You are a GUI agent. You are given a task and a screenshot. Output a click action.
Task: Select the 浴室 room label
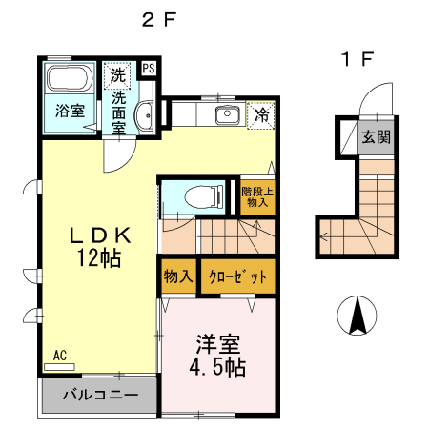click(x=69, y=110)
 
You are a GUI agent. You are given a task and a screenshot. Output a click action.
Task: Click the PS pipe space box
click(x=150, y=69)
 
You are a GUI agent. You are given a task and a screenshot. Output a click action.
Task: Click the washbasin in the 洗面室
click(x=144, y=116)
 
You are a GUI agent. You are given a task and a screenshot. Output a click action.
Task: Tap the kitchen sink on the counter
click(x=227, y=115)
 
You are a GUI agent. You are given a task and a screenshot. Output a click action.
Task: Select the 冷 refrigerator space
click(x=260, y=116)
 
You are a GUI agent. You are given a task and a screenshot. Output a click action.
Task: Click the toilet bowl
click(x=203, y=197)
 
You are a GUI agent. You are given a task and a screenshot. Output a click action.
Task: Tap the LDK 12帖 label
click(x=96, y=246)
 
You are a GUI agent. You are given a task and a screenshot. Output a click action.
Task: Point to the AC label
click(x=60, y=356)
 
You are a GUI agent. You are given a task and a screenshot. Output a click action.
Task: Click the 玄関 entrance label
click(x=374, y=136)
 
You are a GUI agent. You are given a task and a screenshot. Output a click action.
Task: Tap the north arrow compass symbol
click(x=357, y=316)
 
